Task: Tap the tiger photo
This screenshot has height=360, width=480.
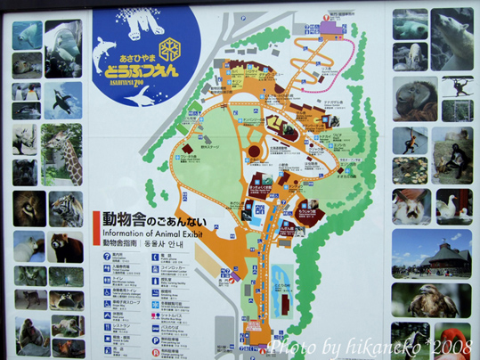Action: pyautogui.click(x=64, y=210)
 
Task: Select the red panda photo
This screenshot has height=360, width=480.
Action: pyautogui.click(x=64, y=248)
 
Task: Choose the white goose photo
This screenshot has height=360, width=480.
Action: pyautogui.click(x=452, y=207)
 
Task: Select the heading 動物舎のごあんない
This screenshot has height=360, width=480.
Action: pyautogui.click(x=144, y=218)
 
